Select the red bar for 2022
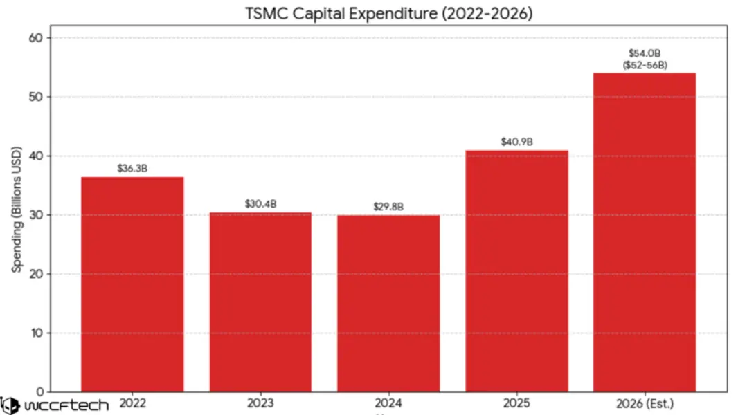tap(132, 284)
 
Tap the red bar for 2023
tap(260, 302)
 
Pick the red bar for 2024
tap(388, 303)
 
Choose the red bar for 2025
tap(516, 270)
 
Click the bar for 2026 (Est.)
tap(645, 232)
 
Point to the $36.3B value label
tap(132, 168)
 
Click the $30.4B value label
tap(260, 203)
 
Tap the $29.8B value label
tap(388, 206)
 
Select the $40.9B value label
tap(516, 142)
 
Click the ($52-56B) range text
tap(645, 65)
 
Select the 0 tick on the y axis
tap(39, 391)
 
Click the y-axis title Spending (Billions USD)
tap(17, 209)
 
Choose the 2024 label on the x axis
tap(388, 403)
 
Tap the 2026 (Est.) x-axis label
tap(645, 403)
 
